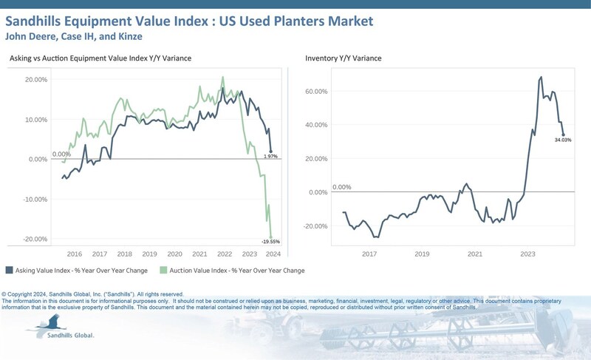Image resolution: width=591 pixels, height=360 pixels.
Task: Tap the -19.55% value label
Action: click(271, 242)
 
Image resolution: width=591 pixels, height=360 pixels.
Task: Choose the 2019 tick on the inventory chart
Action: click(422, 253)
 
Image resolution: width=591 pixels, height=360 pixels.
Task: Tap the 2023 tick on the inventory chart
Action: click(527, 253)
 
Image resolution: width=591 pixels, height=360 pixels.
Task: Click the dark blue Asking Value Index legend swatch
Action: click(9, 270)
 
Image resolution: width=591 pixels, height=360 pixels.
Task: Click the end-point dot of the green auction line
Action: click(270, 236)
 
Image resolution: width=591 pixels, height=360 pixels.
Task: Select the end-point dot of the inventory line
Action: click(563, 135)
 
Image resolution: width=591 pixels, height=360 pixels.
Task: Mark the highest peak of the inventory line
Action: click(542, 76)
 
